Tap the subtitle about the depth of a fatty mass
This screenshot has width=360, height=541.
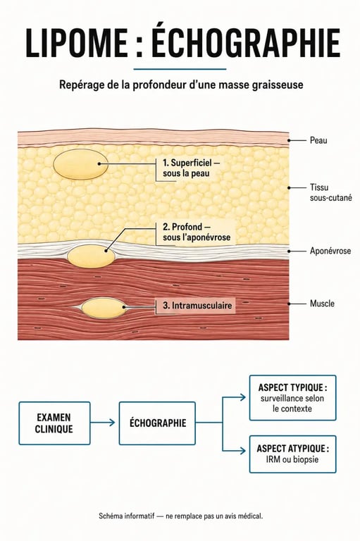click(181, 85)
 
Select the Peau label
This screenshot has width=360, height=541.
click(318, 140)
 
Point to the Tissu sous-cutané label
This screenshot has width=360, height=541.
click(330, 192)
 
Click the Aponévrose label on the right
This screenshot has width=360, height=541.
click(330, 251)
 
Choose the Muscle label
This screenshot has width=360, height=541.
click(322, 304)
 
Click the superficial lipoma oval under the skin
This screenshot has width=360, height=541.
click(81, 164)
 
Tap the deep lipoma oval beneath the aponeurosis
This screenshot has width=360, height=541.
click(91, 256)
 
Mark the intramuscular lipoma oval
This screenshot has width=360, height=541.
click(104, 308)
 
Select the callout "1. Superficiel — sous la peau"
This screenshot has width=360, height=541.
click(191, 168)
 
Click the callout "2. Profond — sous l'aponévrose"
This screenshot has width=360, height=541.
click(197, 232)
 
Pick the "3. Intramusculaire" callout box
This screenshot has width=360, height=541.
click(195, 306)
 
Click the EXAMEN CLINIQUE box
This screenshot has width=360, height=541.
click(54, 423)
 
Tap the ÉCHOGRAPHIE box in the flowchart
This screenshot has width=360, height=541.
click(157, 423)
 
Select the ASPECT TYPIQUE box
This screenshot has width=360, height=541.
click(292, 398)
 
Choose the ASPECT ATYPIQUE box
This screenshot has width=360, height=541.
click(292, 454)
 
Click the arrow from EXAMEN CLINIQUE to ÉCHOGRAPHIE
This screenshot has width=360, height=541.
click(103, 423)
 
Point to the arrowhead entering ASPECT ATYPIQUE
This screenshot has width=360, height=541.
click(242, 451)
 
